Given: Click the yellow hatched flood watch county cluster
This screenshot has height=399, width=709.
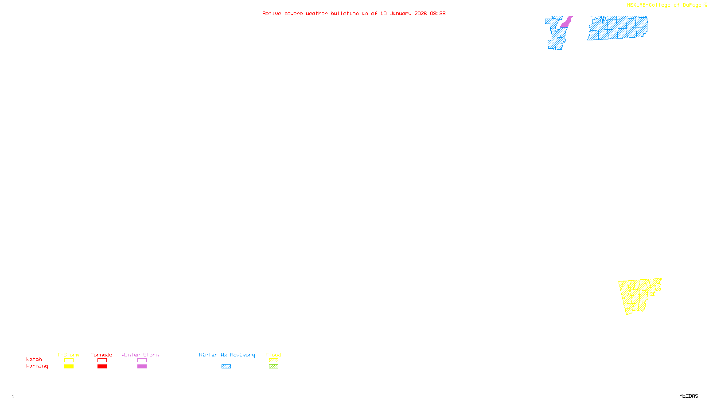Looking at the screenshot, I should click(x=638, y=294).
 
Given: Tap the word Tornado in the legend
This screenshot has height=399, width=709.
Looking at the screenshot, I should click(x=101, y=355).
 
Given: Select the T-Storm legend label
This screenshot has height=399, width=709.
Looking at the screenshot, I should click(x=68, y=355).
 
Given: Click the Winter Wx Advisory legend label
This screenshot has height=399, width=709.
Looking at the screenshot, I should click(x=227, y=355).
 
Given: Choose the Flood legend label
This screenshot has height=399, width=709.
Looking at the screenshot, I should click(x=273, y=355).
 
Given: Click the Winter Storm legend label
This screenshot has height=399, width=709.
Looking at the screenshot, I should click(x=140, y=355).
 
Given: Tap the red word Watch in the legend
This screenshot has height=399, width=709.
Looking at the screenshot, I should click(x=34, y=359).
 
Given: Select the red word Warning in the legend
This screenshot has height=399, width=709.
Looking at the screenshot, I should click(x=37, y=366).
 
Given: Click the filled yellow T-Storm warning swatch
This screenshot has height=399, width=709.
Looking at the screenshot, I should click(x=69, y=367).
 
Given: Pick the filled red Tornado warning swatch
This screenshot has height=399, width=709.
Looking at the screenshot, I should click(x=102, y=367).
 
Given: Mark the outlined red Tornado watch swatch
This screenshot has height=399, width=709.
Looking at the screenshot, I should click(x=102, y=360).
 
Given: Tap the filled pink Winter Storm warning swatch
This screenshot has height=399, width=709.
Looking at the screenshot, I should click(x=142, y=367).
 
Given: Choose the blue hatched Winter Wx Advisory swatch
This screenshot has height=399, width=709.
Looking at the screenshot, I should click(x=226, y=367).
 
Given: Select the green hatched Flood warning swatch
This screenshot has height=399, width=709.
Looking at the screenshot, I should click(x=273, y=367).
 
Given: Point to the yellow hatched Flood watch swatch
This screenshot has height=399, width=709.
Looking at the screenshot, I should click(x=273, y=360).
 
